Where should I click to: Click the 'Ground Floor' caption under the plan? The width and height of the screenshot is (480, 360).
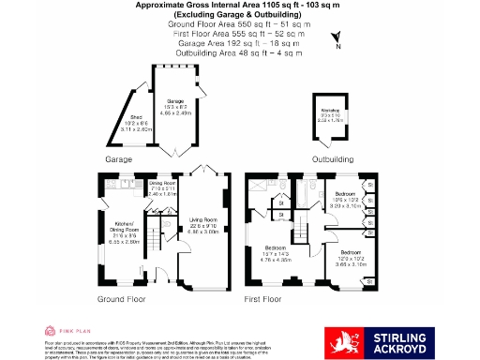122,299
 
